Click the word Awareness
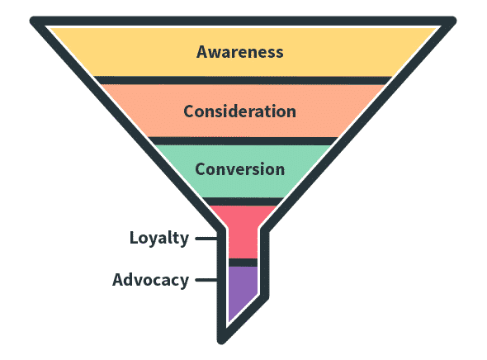pyautogui.click(x=239, y=51)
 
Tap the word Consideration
pyautogui.click(x=239, y=111)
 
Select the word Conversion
pyautogui.click(x=239, y=169)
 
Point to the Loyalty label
pyautogui.click(x=159, y=239)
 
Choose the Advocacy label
pyautogui.click(x=150, y=281)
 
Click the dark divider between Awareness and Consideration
pyautogui.click(x=243, y=80)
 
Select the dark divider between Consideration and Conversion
pyautogui.click(x=243, y=141)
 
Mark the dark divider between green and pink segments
pyautogui.click(x=243, y=201)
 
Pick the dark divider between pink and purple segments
pyautogui.click(x=243, y=263)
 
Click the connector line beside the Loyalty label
pyautogui.click(x=206, y=239)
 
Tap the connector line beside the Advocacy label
pyautogui.click(x=206, y=280)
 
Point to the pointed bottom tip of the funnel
pyautogui.click(x=221, y=341)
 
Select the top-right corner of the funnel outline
pyautogui.click(x=452, y=21)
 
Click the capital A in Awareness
pyautogui.click(x=202, y=52)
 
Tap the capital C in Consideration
pyautogui.click(x=190, y=111)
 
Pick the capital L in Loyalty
pyautogui.click(x=134, y=238)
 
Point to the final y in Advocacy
pyautogui.click(x=183, y=282)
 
